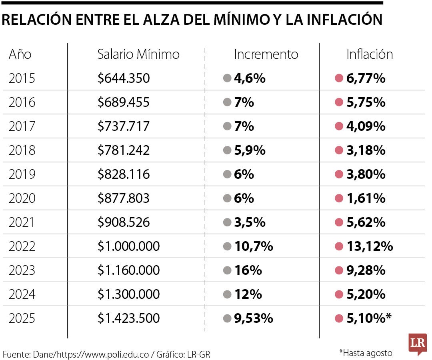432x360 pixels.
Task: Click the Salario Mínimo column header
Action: coord(138,54)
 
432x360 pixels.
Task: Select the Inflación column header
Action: coord(370,54)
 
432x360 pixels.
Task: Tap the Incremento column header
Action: coord(266,54)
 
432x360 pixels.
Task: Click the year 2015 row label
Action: coord(22,78)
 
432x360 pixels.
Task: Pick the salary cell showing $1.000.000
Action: coord(128,246)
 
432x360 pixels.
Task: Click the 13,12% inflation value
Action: coord(370,246)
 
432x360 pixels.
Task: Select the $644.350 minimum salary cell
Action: coord(124,78)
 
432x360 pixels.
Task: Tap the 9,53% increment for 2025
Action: coord(254,318)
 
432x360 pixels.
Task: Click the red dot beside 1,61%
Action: coord(339,198)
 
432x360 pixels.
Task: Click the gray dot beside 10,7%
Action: coord(227,246)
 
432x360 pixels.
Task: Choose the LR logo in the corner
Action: coord(417,344)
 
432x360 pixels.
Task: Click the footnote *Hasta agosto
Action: coord(366,352)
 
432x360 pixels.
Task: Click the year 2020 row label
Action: coord(22,198)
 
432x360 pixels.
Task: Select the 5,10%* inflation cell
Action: coord(369,318)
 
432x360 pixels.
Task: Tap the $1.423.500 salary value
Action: coord(128,318)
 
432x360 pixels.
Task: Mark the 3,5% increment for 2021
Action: coord(250,222)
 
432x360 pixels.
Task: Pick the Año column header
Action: coord(20,54)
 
